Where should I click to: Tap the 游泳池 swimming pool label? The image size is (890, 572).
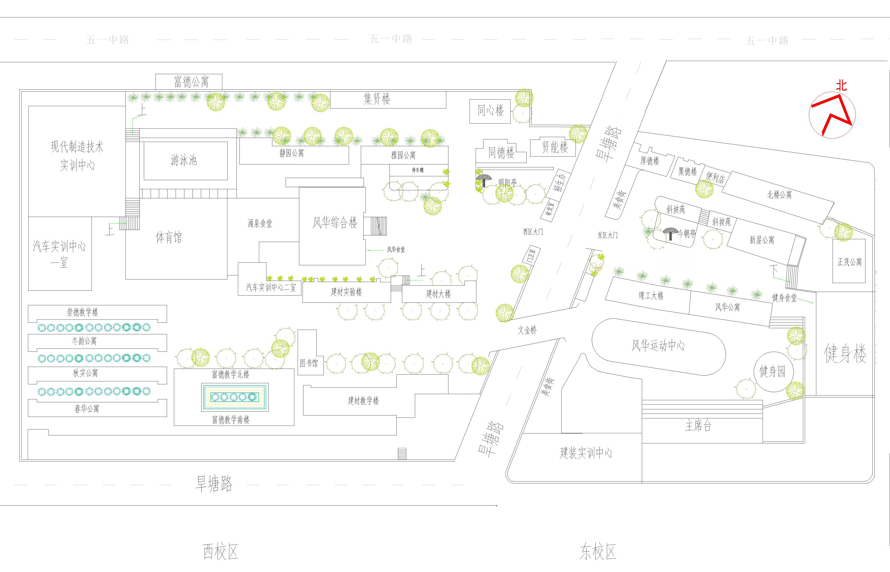(184, 160)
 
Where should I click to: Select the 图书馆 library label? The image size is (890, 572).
(309, 363)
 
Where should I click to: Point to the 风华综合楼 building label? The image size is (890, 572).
(335, 222)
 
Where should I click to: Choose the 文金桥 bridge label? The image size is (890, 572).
(527, 330)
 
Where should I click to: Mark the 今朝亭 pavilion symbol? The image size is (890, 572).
(670, 233)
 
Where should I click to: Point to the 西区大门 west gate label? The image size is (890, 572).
(533, 232)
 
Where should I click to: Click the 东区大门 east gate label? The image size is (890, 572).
(607, 235)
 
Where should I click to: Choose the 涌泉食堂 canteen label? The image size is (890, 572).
(260, 223)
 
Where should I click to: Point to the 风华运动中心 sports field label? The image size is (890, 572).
(658, 346)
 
